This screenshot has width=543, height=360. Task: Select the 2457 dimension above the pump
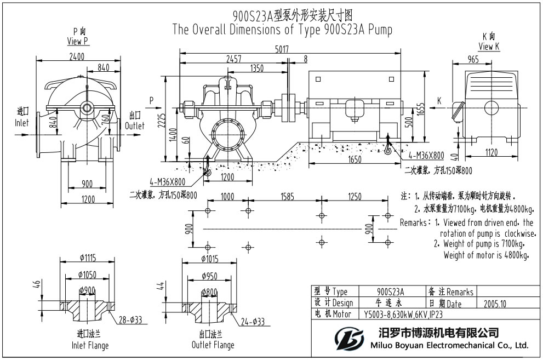pos(234,59)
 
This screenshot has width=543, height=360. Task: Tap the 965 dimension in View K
pos(472,59)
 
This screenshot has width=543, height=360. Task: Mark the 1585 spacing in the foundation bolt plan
pos(290,197)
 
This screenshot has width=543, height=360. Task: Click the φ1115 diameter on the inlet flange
pos(87,258)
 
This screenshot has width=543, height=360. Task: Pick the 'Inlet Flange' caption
pos(90,345)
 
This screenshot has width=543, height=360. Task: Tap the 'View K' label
pos(489,47)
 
